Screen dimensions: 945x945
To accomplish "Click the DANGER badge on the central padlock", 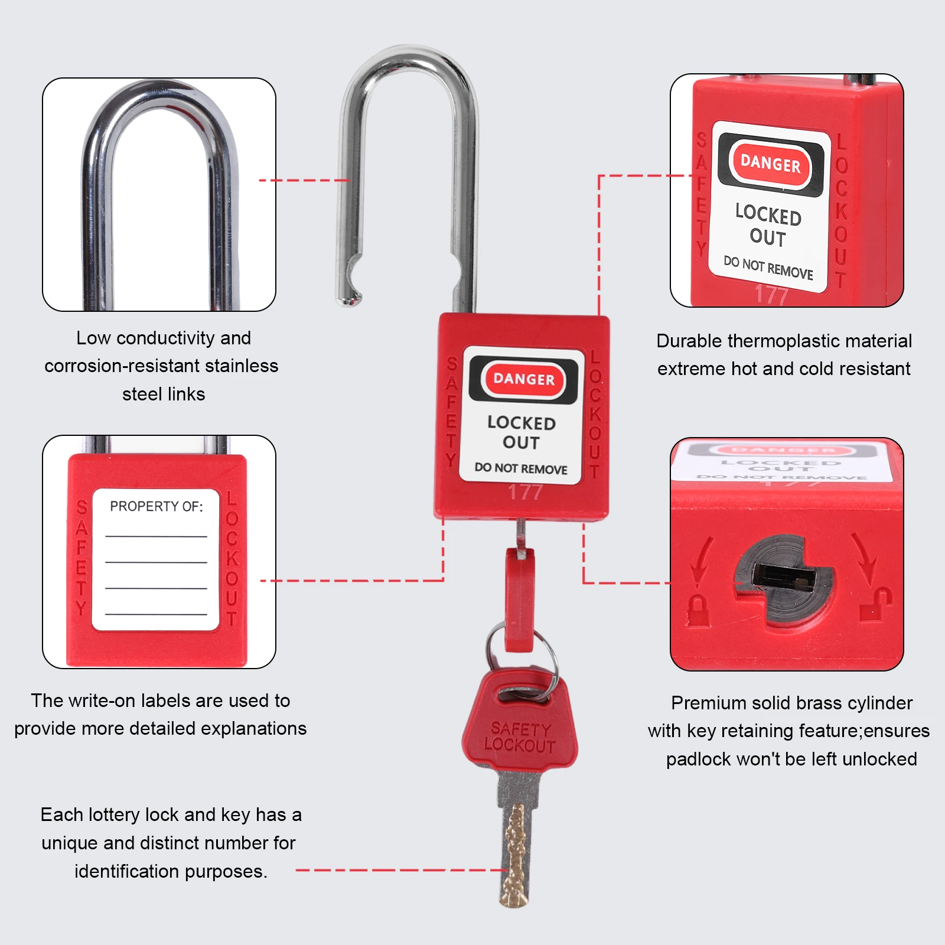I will pyautogui.click(x=523, y=379).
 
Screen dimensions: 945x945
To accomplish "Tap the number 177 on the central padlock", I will pyautogui.click(x=525, y=492).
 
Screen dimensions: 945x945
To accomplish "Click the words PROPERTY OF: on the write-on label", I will pyautogui.click(x=156, y=506).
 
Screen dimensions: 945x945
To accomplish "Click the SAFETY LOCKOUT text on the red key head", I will pyautogui.click(x=520, y=737).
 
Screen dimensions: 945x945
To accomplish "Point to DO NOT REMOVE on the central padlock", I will pyautogui.click(x=521, y=468).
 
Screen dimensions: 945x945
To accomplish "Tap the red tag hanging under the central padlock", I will pyautogui.click(x=520, y=599).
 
